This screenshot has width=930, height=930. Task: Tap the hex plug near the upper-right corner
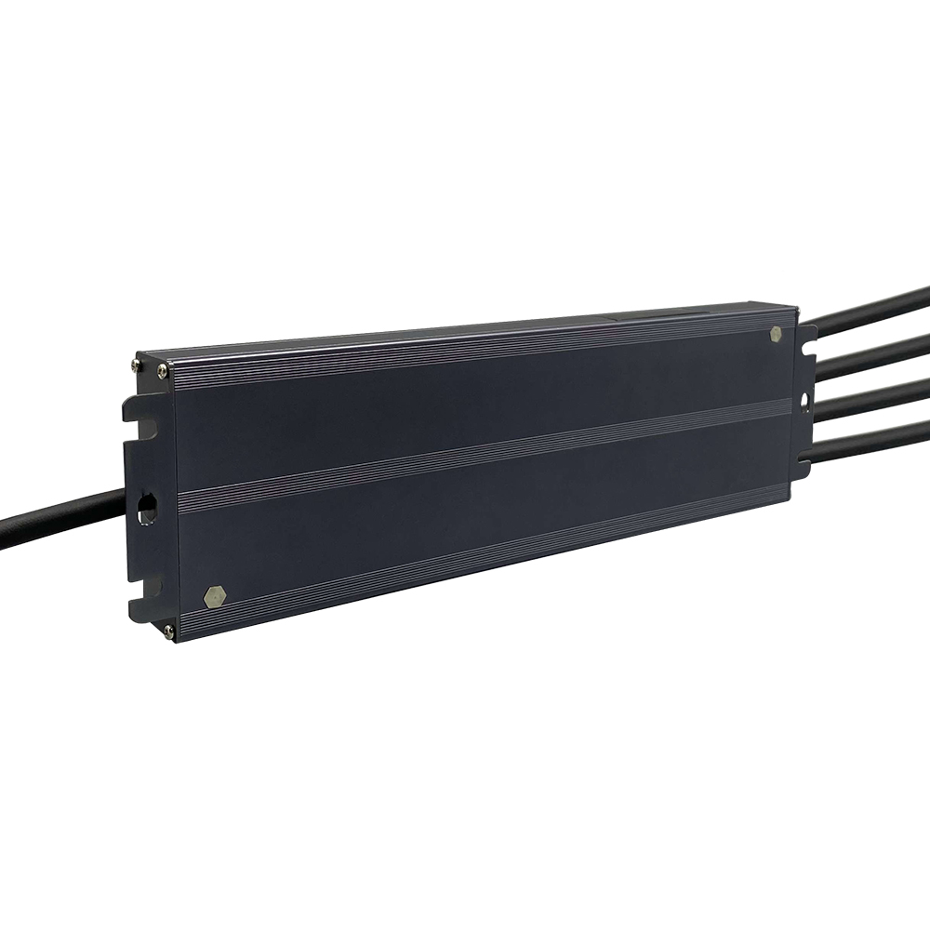click(777, 333)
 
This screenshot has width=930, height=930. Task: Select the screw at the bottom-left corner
click(168, 631)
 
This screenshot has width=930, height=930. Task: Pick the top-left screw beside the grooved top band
click(163, 372)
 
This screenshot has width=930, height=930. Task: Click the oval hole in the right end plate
click(805, 401)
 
